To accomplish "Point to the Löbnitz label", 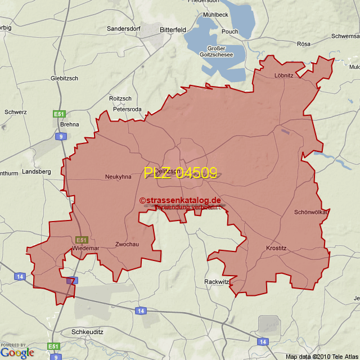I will [283, 75].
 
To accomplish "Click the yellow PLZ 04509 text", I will [180, 173].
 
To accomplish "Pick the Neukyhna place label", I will [118, 177].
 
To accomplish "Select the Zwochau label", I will [127, 245].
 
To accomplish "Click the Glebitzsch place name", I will [64, 78].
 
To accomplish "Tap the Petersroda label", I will [128, 109].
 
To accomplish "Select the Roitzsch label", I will [120, 98].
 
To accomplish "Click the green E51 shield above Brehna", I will [59, 114].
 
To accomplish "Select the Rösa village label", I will [304, 44].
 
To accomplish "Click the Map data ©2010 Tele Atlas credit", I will [322, 357].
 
